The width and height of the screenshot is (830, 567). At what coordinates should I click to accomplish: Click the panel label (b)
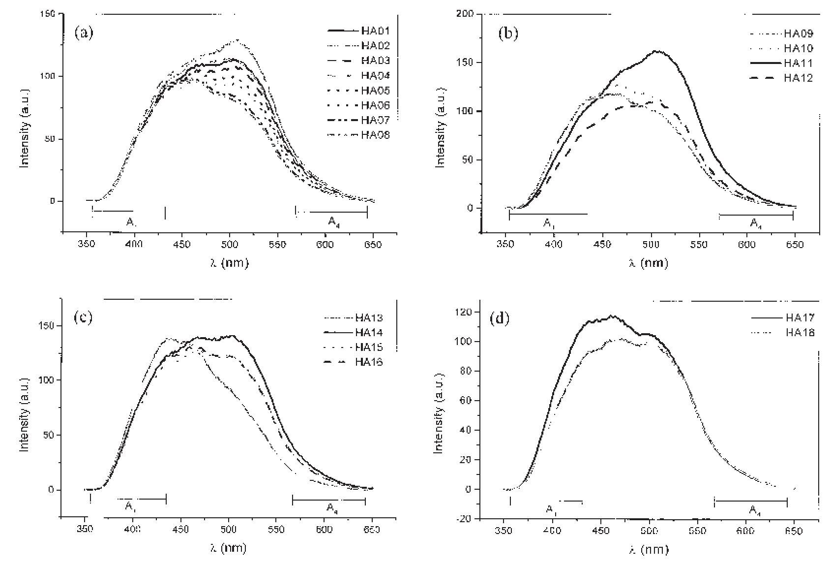(x=508, y=33)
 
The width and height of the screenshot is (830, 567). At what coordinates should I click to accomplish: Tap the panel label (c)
(x=83, y=317)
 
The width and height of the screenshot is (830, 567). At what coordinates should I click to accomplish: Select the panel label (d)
(x=500, y=318)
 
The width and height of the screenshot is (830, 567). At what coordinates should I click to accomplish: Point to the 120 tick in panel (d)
(x=464, y=312)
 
